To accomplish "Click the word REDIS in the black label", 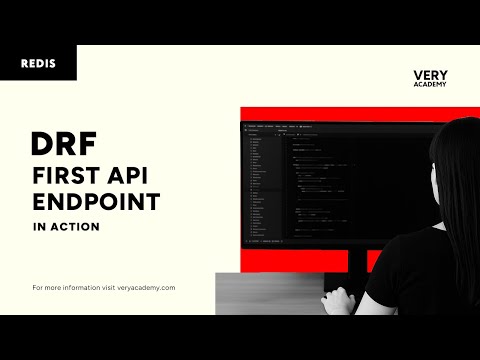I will click(37, 63).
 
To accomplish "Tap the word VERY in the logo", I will click(429, 74).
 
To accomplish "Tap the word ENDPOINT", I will click(94, 202).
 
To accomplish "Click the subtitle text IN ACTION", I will click(65, 226).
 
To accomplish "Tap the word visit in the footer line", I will click(108, 287).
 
